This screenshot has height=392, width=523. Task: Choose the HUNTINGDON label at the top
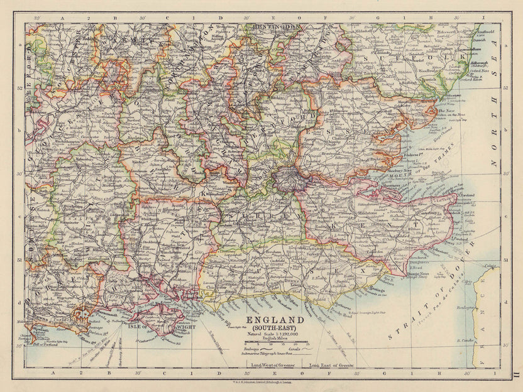click(x=277, y=27)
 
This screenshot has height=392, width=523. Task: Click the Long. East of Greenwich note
click(x=332, y=365)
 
